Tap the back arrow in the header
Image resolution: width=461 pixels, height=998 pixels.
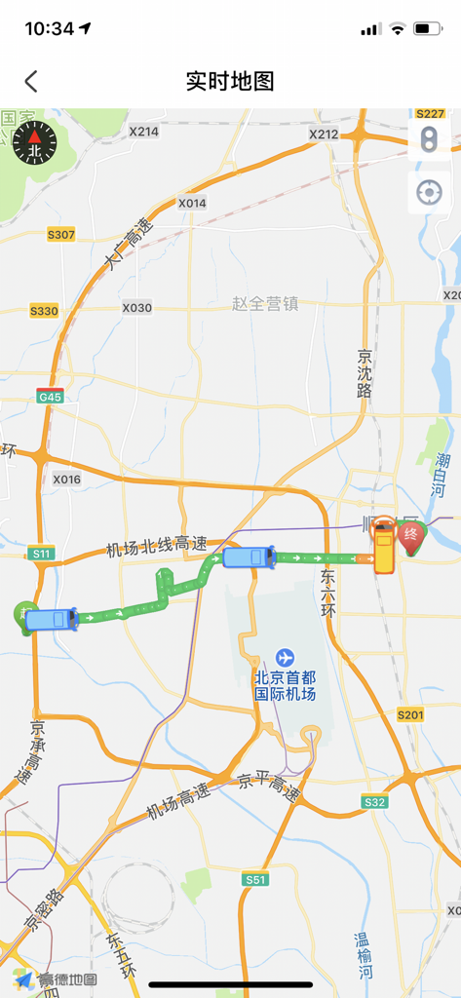point(31,81)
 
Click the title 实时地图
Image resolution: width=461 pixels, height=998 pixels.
point(230,81)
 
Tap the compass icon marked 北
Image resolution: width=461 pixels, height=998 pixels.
point(34,143)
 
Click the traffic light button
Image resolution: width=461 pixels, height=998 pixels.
point(429,139)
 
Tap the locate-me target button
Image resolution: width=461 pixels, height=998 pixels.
point(429,192)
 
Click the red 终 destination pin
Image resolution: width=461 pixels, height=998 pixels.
point(412,535)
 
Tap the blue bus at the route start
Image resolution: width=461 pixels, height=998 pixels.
point(51,620)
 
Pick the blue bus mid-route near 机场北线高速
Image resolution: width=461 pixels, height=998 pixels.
point(249,557)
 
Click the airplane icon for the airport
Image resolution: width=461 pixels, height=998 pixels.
point(285,658)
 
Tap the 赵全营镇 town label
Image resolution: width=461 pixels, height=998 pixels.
point(265,304)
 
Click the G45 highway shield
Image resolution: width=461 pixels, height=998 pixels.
point(50,396)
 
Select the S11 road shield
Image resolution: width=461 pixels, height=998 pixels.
point(41,554)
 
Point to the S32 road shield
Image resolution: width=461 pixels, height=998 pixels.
point(374,801)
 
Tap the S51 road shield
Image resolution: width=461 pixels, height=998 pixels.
point(255,879)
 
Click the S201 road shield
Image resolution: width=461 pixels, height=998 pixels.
point(410,714)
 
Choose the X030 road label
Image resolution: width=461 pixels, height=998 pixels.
point(137,308)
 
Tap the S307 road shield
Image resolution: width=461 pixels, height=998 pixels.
point(60,235)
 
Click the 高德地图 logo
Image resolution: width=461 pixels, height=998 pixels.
point(56,979)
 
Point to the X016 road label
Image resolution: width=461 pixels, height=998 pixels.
point(67,479)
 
